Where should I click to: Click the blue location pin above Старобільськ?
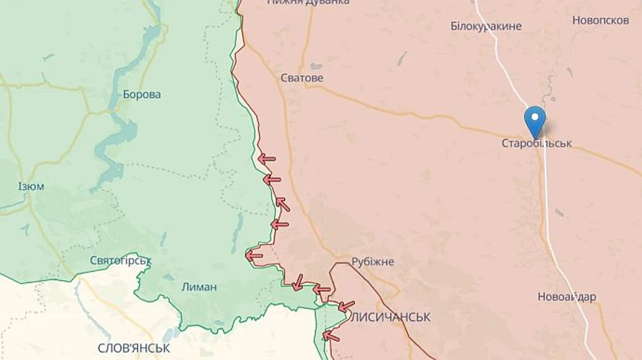(534, 120)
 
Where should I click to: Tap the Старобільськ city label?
(536, 143)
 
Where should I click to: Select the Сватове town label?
(302, 78)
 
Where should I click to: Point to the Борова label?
(142, 94)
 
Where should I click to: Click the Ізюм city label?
(31, 187)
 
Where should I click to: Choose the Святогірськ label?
(121, 260)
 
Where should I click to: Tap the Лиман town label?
(200, 287)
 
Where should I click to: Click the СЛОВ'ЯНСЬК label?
(134, 348)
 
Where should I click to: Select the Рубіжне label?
(372, 262)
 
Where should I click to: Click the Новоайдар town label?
(567, 297)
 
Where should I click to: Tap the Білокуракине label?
(486, 26)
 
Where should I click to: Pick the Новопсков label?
(601, 20)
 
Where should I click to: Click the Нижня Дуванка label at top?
(308, 2)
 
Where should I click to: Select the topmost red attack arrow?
(267, 158)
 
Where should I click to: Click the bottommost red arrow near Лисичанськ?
(331, 335)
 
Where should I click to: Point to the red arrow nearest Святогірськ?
(253, 255)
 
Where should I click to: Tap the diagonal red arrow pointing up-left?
(283, 205)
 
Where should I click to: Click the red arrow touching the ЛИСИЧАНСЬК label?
(346, 307)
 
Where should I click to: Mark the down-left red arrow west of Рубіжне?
(297, 282)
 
